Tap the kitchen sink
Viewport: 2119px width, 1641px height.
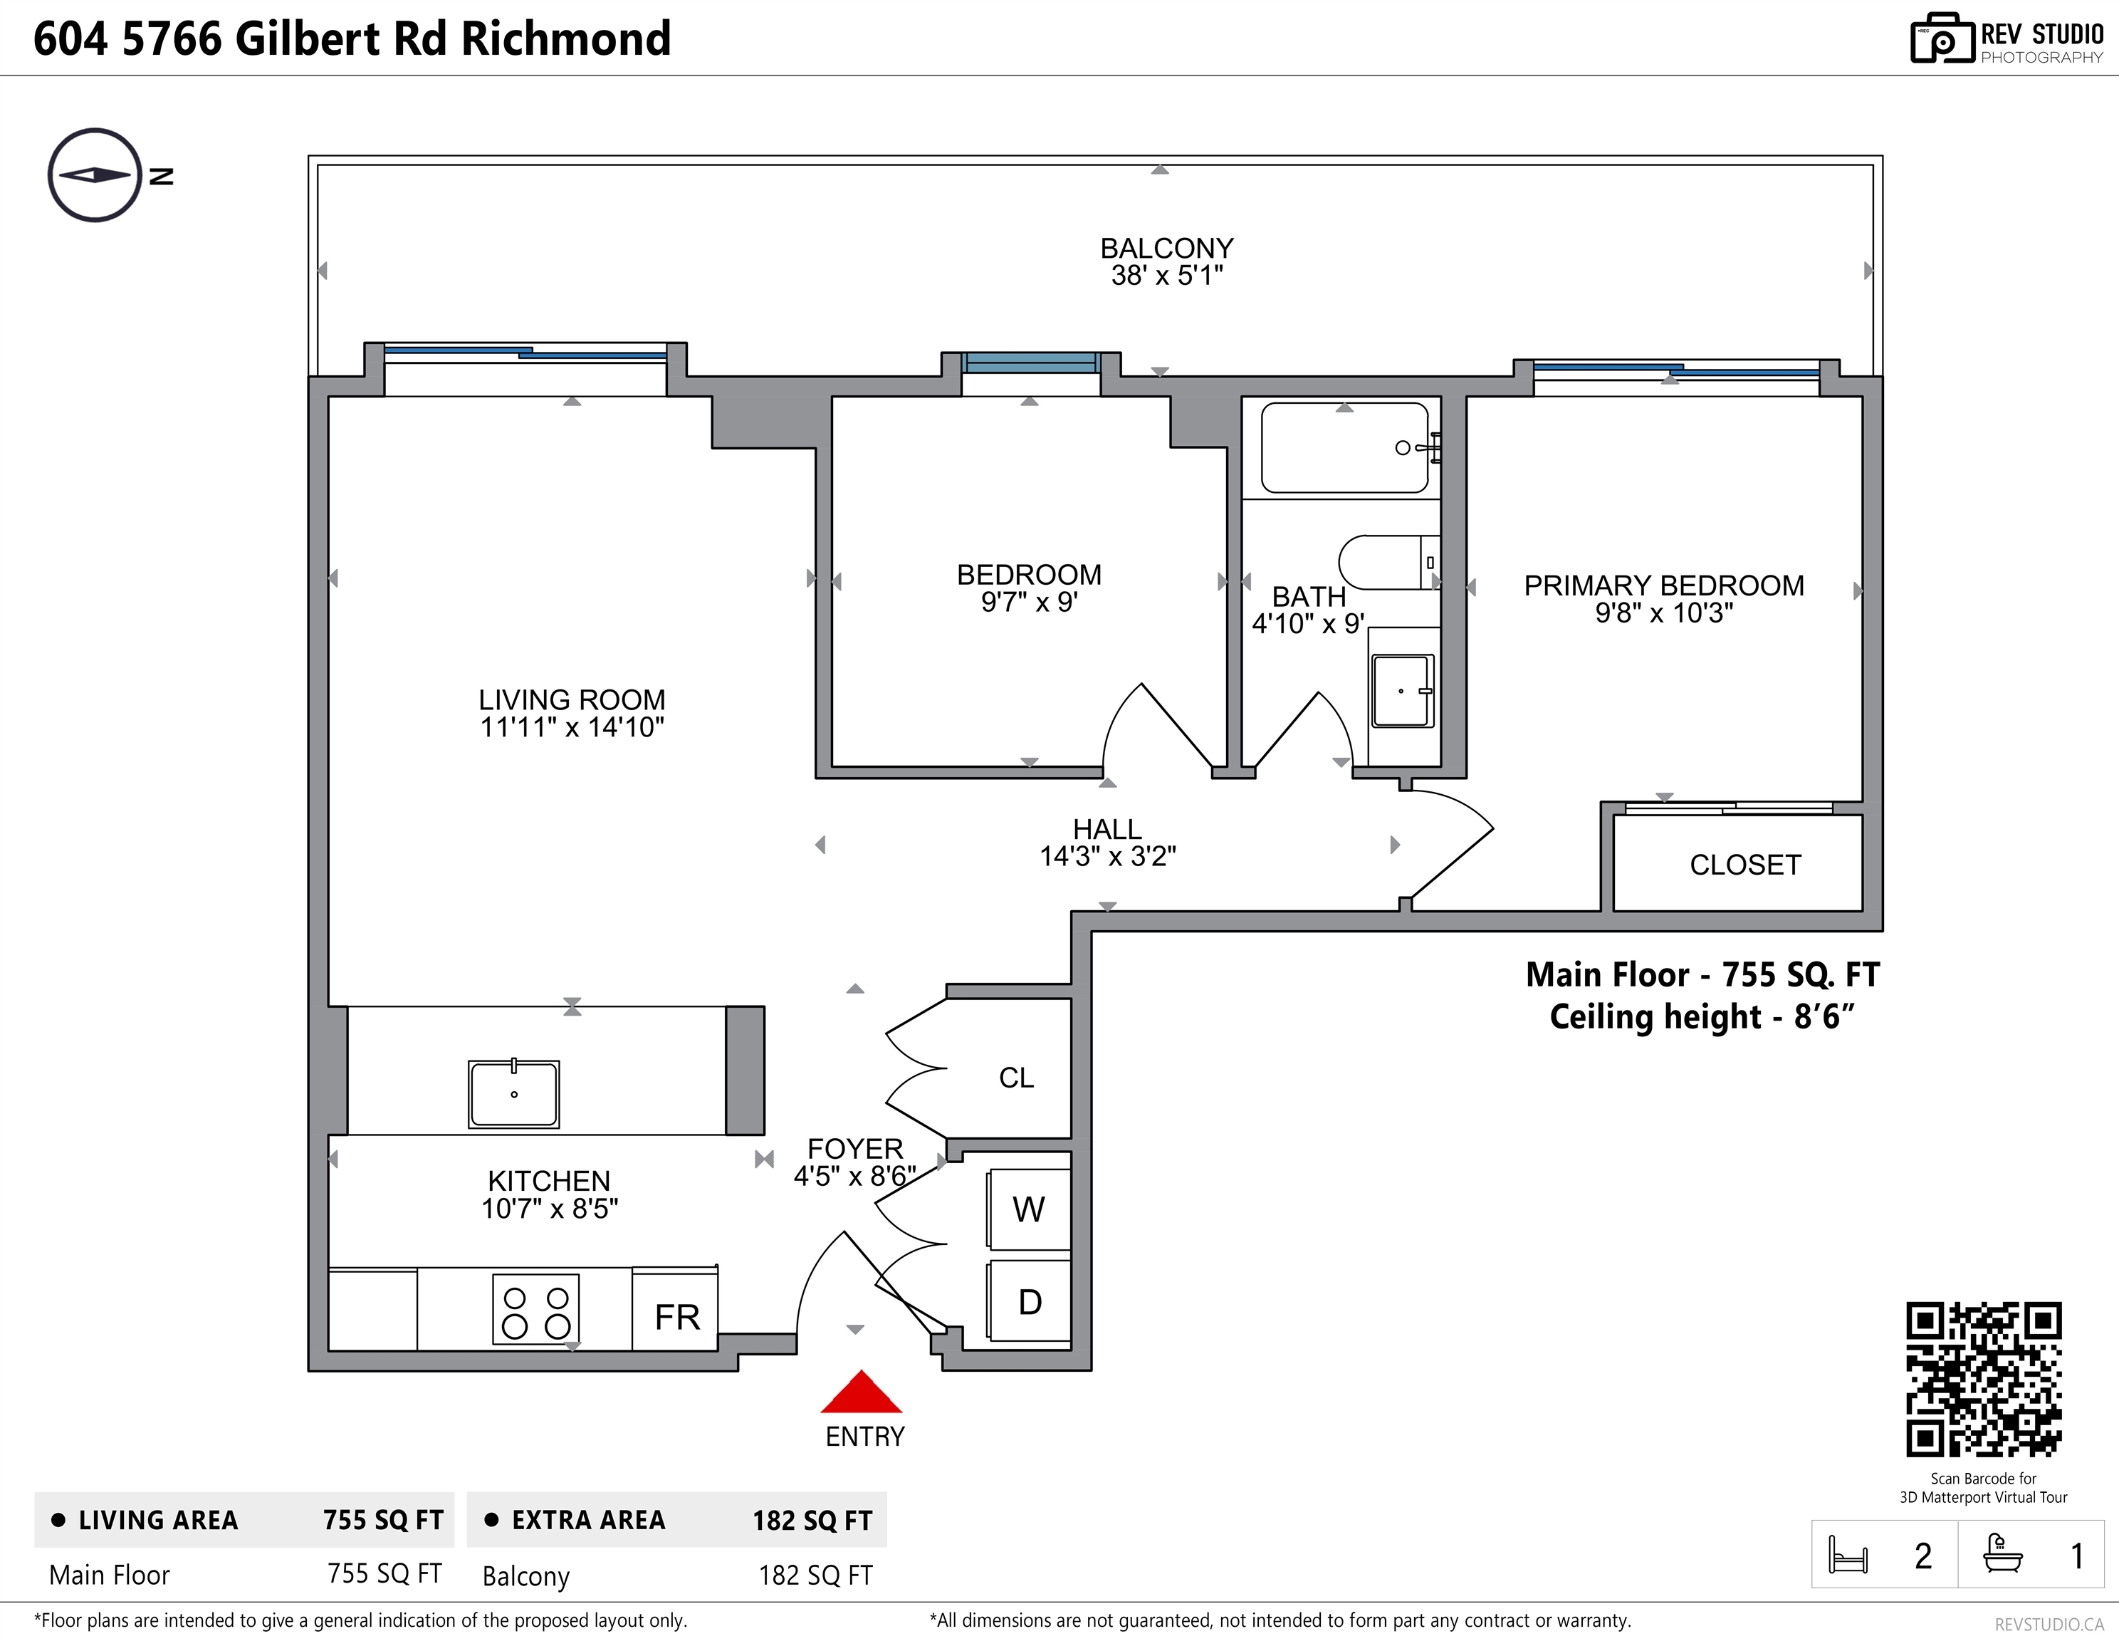click(x=513, y=1094)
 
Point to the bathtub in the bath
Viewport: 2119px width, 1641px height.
click(x=1345, y=448)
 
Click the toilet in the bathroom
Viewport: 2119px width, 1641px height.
click(x=1388, y=562)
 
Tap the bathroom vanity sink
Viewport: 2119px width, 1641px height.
click(x=1403, y=691)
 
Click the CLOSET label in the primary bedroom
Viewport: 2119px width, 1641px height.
click(x=1745, y=865)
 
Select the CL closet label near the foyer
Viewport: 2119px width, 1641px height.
click(x=1017, y=1078)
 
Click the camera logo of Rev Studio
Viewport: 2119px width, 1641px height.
click(x=1942, y=39)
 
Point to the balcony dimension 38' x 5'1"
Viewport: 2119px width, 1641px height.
click(x=1167, y=276)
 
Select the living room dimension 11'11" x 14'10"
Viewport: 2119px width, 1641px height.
click(x=572, y=727)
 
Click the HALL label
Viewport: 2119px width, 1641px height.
click(x=1107, y=830)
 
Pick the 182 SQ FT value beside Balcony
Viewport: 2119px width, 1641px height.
click(x=816, y=1575)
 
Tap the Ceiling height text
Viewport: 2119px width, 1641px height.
click(x=1702, y=1017)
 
